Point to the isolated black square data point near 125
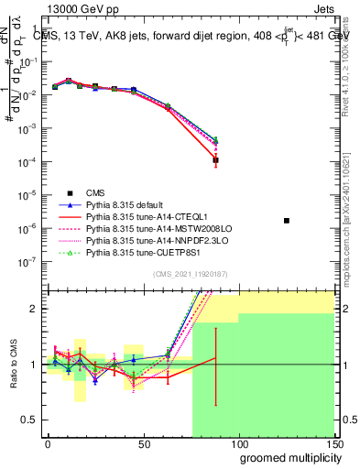[287, 221]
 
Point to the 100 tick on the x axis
[238, 442]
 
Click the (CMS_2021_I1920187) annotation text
[191, 274]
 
